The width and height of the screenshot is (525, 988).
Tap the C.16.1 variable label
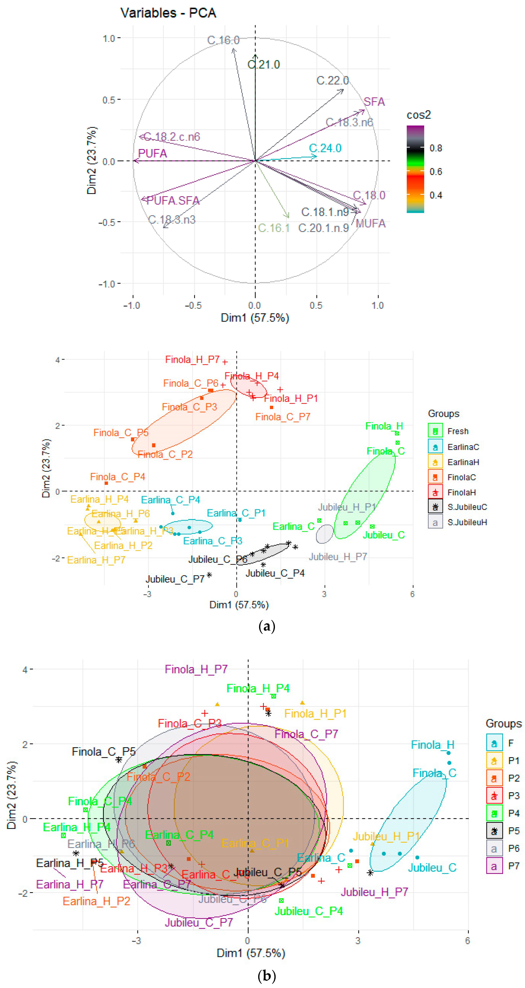274,228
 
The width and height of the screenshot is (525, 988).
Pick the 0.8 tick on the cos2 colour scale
436,148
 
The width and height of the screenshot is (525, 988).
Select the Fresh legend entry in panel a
458,431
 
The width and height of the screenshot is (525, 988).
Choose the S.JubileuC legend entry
467,507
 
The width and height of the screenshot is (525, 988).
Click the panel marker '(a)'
267,626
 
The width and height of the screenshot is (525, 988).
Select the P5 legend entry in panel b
513,831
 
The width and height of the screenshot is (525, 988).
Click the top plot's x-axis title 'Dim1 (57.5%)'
255,318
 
